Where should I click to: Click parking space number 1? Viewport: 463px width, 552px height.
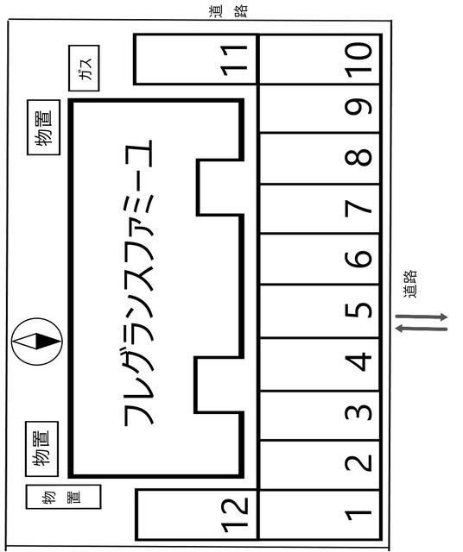pos(320,514)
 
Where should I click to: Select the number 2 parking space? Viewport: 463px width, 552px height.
pos(320,465)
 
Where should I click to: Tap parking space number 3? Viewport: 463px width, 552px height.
pos(320,416)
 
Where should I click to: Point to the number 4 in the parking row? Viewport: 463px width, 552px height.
pos(358,362)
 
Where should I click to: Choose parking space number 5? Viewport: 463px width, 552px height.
pos(320,311)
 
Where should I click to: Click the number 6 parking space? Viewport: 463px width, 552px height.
pos(320,259)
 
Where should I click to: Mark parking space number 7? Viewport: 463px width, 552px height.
pos(320,209)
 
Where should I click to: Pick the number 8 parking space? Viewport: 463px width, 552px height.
pos(320,159)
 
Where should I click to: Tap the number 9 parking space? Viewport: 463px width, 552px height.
pos(320,109)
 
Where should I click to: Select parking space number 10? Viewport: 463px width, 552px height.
pos(320,60)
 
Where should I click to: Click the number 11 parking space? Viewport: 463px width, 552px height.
pos(196,60)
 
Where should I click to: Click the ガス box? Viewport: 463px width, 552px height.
pos(84,68)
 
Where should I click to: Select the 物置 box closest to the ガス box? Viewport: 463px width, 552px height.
pos(44,127)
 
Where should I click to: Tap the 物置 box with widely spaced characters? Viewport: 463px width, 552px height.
pos(63,497)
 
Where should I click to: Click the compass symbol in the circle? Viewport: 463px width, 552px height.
pos(36,342)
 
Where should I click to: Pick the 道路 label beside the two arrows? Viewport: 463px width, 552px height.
pos(409,284)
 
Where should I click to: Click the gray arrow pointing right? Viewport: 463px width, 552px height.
pos(421,317)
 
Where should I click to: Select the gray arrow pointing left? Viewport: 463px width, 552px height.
pos(421,329)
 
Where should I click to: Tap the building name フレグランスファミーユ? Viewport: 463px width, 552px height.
pos(139,283)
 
